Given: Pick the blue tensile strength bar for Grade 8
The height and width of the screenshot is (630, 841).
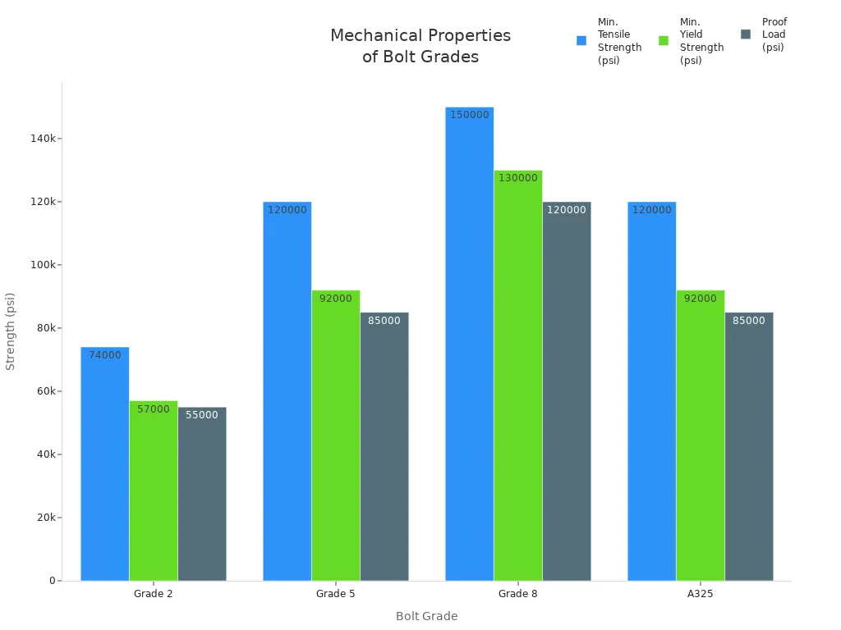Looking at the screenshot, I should coord(469,344).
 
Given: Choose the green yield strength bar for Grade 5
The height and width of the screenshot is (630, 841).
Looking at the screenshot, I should coord(335,435).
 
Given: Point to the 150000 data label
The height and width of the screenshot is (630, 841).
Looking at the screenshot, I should coord(469,115).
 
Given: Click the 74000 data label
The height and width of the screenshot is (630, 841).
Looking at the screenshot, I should coord(104,355).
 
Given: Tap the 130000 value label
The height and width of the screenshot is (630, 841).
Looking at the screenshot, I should coord(517,178).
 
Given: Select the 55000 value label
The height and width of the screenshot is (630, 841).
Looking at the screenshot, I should coord(201,415).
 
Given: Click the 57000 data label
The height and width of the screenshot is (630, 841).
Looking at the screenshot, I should coord(153,409).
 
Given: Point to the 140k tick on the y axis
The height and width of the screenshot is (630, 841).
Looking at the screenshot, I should coord(44,139).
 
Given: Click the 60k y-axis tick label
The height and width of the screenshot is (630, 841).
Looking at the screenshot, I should coord(44,391).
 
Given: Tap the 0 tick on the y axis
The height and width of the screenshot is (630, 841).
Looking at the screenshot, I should coord(52,581).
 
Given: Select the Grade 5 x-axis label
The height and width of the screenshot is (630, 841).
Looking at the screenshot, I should coord(335,594).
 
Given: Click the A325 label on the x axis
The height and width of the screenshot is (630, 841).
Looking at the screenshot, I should coord(700,594).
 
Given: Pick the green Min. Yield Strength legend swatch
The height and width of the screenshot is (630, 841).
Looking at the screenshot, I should coord(664,40).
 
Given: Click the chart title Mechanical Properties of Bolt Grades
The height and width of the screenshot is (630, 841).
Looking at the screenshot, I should coord(420,47).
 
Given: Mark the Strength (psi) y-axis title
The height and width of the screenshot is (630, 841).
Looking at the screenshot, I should coord(11,331).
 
